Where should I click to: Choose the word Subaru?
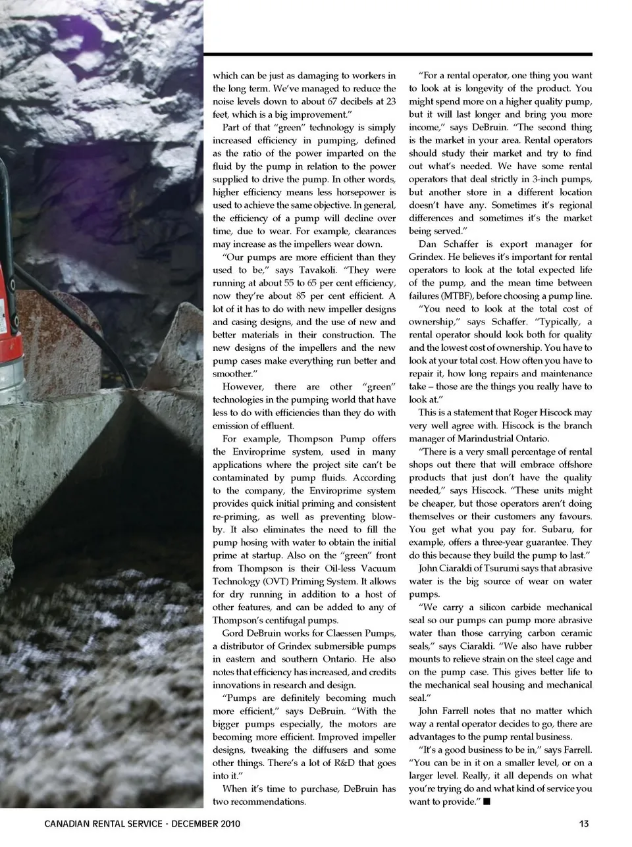coord(554,529)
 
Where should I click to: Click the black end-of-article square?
coord(486,802)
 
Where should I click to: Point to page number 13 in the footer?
coord(584,824)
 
